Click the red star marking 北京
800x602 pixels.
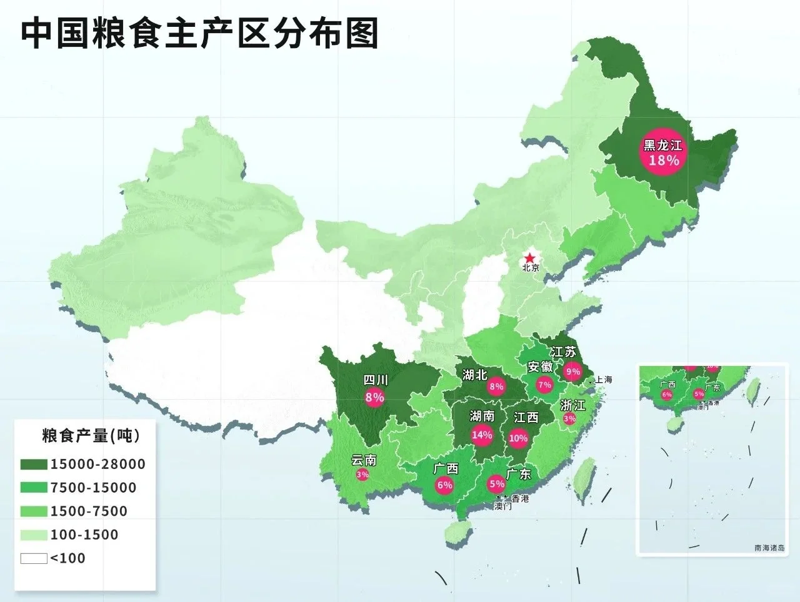pos(530,258)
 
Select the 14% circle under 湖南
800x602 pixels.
pos(482,435)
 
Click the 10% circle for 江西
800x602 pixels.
pos(518,438)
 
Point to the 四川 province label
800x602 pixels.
pos(376,380)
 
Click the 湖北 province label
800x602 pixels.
pos(475,375)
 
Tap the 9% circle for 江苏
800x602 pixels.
pos(572,372)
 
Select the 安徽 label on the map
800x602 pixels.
pos(540,367)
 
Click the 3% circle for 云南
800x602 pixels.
pos(362,475)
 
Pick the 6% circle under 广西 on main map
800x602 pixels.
pos(444,485)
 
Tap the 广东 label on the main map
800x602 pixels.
pos(518,474)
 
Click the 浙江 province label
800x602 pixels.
pos(573,405)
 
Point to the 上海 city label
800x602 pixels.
pos(603,380)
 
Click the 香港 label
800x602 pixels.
pos(520,498)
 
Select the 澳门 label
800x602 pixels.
pos(502,506)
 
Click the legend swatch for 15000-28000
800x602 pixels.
pos(34,465)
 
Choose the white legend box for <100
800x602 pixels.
pos(34,558)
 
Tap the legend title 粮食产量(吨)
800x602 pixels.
pos(91,435)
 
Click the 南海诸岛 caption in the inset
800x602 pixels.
pos(769,548)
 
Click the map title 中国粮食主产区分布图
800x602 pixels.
pos(200,34)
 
